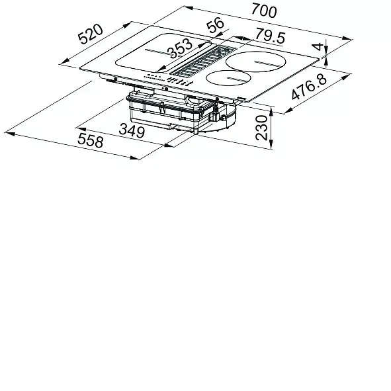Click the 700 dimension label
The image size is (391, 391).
pos(264,11)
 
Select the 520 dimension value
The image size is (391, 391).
pos(90,34)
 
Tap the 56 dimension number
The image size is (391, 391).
pos(216,24)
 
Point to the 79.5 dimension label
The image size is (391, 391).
pos(270,36)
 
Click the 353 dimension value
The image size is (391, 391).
pos(180,48)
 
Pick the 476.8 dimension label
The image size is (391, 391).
pos(309,87)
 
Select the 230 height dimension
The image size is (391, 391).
pos(261,128)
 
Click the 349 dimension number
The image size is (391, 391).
pos(132,131)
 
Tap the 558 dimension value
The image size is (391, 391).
pos(90,140)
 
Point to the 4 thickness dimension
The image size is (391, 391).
pos(318,46)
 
